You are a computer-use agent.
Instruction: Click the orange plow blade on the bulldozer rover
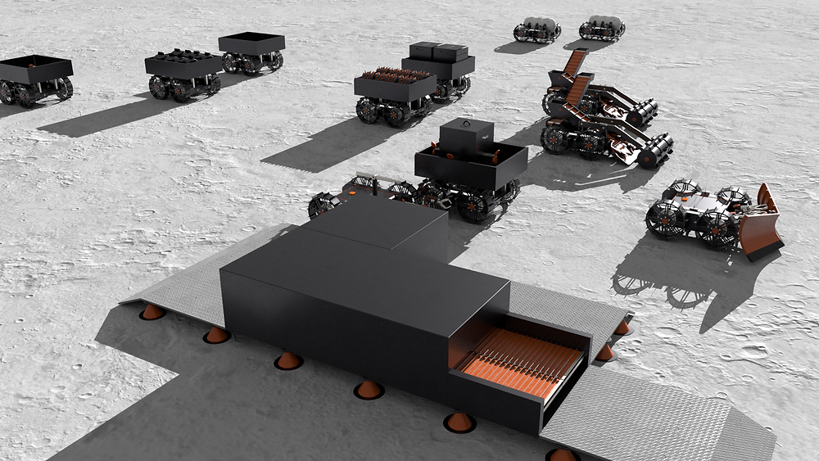tap(762, 225)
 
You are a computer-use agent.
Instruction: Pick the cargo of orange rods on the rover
tap(396, 77)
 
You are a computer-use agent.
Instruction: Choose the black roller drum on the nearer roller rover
tap(655, 152)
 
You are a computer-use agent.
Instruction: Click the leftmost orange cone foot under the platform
tap(152, 311)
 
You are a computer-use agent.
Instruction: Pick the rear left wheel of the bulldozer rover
tap(663, 219)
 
